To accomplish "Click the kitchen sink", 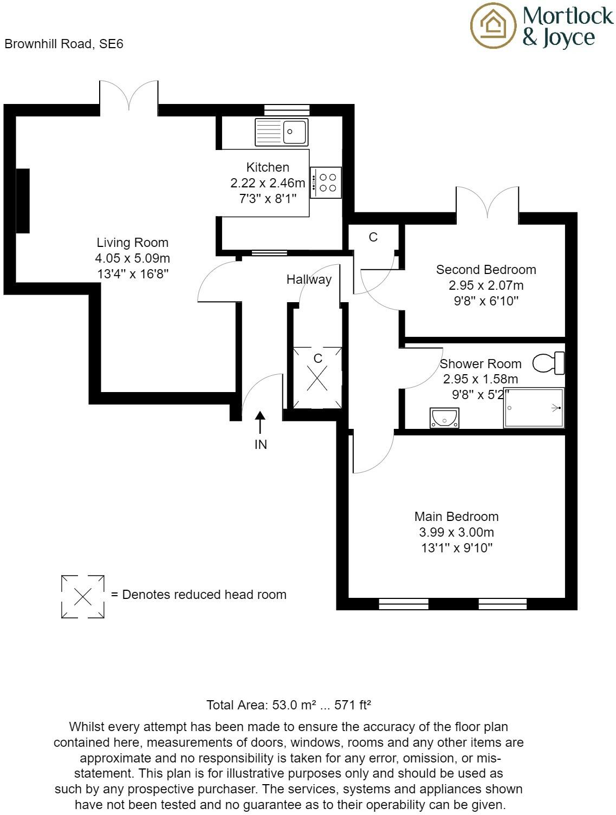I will (x=281, y=132).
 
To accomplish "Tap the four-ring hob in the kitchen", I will (x=326, y=182).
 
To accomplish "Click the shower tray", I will (x=534, y=408).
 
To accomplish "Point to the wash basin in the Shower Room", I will (x=444, y=418).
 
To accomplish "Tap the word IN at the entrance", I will (x=261, y=445).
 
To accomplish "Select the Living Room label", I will (x=132, y=243).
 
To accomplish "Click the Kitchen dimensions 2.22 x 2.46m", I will (x=268, y=183).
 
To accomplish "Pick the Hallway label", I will (x=309, y=279).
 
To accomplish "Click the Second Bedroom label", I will (x=486, y=270).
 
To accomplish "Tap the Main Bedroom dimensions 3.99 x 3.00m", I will (x=456, y=532).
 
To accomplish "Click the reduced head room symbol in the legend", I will (x=82, y=596).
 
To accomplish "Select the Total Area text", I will (x=288, y=705).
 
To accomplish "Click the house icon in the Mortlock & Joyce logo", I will (x=494, y=25).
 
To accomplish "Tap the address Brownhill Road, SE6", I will (x=64, y=44).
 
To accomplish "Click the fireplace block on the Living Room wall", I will (x=23, y=201).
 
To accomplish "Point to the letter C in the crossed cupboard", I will (x=318, y=358).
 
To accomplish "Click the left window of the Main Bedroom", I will (x=403, y=603).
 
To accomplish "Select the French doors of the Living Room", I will (x=129, y=97).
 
